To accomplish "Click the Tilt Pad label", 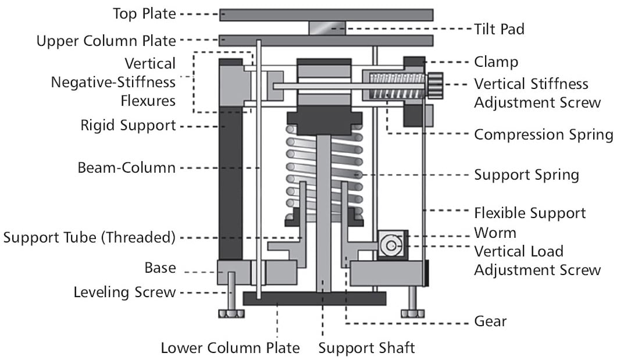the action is coord(499,29).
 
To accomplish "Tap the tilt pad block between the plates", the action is coord(327,28).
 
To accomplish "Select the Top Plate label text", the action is coord(144,14).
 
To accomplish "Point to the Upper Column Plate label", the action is coord(106,41).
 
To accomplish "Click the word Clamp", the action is coord(496,62).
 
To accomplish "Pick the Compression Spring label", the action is coord(543,134).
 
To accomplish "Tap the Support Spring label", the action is coord(526,174).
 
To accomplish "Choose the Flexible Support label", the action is coord(530,213).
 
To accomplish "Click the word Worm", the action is coord(495,233).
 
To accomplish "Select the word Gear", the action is coord(490,321).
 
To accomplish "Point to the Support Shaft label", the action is coord(366,348).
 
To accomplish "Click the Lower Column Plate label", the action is coord(230,348).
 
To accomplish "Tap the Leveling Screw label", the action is coord(124,293).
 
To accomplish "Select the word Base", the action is coord(160,268).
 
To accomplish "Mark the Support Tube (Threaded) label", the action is coord(90,238).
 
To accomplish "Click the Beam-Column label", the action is coord(126,168).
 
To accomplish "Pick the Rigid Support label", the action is coord(129,126).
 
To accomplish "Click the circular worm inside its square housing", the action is coord(391,245).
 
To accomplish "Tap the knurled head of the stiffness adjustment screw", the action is coord(435,85).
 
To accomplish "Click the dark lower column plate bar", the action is coord(315,298).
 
